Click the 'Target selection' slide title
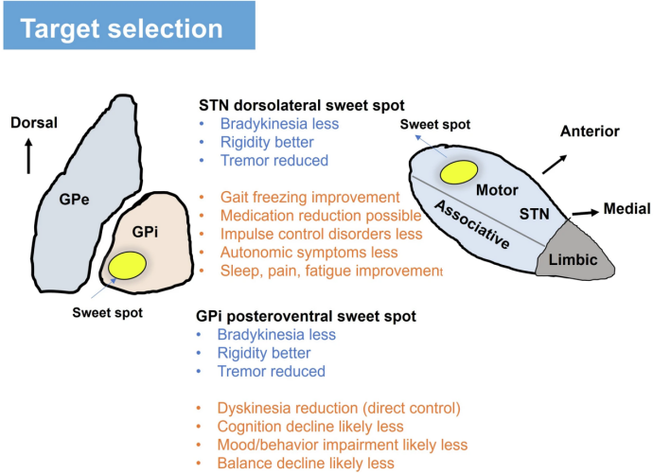pyautogui.click(x=122, y=27)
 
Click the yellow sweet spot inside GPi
pyautogui.click(x=126, y=265)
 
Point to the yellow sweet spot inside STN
pyautogui.click(x=461, y=171)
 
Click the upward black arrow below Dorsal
pyautogui.click(x=30, y=154)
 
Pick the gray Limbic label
pyautogui.click(x=572, y=258)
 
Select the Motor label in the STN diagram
pyautogui.click(x=497, y=190)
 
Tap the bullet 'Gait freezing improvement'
pyautogui.click(x=309, y=197)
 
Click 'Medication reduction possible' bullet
pyautogui.click(x=320, y=216)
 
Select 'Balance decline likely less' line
pyautogui.click(x=306, y=463)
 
